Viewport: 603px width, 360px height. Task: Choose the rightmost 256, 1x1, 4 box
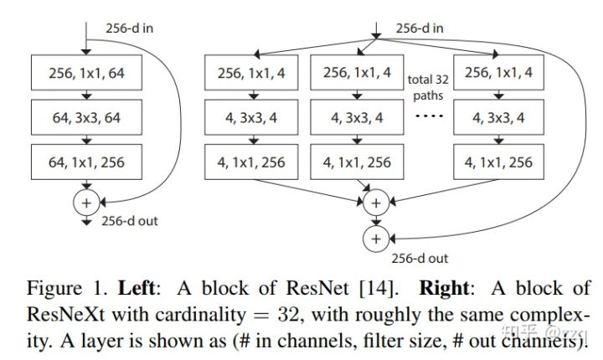pyautogui.click(x=498, y=73)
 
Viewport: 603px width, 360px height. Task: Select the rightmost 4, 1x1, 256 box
pyautogui.click(x=498, y=162)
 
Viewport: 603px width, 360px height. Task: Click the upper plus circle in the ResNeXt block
pyautogui.click(x=375, y=203)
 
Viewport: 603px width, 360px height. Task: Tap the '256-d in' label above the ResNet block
pyautogui.click(x=131, y=28)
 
